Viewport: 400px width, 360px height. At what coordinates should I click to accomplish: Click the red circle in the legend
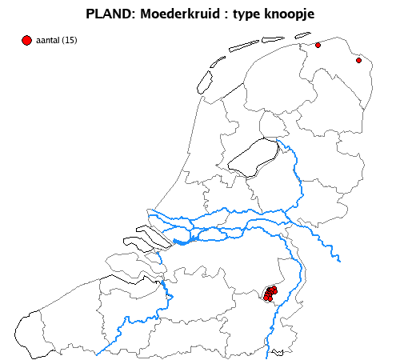(27, 40)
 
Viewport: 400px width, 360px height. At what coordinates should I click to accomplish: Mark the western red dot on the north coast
(318, 46)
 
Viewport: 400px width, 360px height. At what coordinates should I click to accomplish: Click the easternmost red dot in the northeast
(358, 60)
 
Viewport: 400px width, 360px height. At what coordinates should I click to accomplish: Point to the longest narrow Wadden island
(245, 46)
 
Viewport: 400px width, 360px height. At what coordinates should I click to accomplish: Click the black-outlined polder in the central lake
(252, 156)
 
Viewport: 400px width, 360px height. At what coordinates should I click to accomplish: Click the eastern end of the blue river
(339, 259)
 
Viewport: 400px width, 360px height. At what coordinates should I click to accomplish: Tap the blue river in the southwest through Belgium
(128, 320)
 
